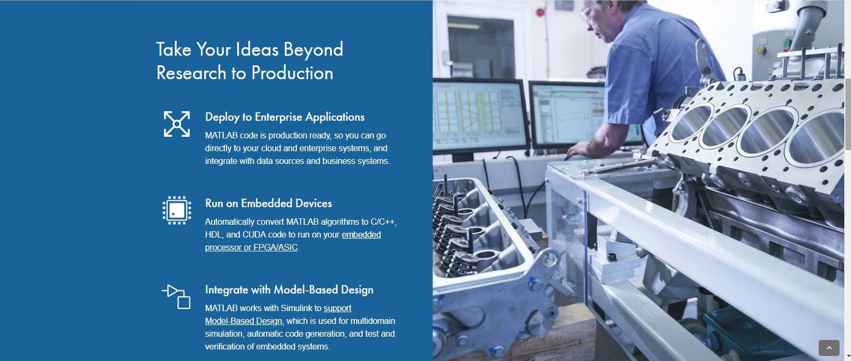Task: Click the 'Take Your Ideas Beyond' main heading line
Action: (x=250, y=50)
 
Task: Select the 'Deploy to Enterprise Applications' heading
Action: (x=285, y=117)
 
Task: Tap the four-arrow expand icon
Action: (x=177, y=124)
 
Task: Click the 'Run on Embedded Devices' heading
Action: (x=268, y=203)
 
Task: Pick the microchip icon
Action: (x=177, y=210)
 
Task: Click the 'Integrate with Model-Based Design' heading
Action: (x=289, y=290)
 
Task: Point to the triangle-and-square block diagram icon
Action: (x=176, y=297)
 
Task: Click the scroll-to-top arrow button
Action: (x=829, y=348)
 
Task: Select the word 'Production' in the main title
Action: (x=292, y=73)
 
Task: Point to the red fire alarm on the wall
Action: (x=540, y=13)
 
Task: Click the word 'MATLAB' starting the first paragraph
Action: (x=221, y=136)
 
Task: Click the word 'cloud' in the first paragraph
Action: (x=271, y=148)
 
